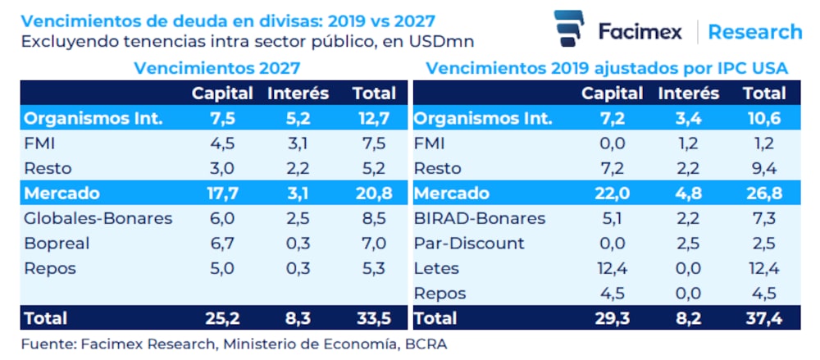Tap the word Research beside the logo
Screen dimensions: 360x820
coord(754,32)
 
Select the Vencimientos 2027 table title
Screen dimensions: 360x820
coord(216,68)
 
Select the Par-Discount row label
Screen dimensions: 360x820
coord(469,244)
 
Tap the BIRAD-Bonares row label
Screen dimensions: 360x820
coord(480,219)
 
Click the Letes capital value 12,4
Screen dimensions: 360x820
coord(613,268)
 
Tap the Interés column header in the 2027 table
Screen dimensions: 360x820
coord(298,93)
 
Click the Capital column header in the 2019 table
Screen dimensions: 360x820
coord(613,93)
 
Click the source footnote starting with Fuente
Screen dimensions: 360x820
coord(235,344)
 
